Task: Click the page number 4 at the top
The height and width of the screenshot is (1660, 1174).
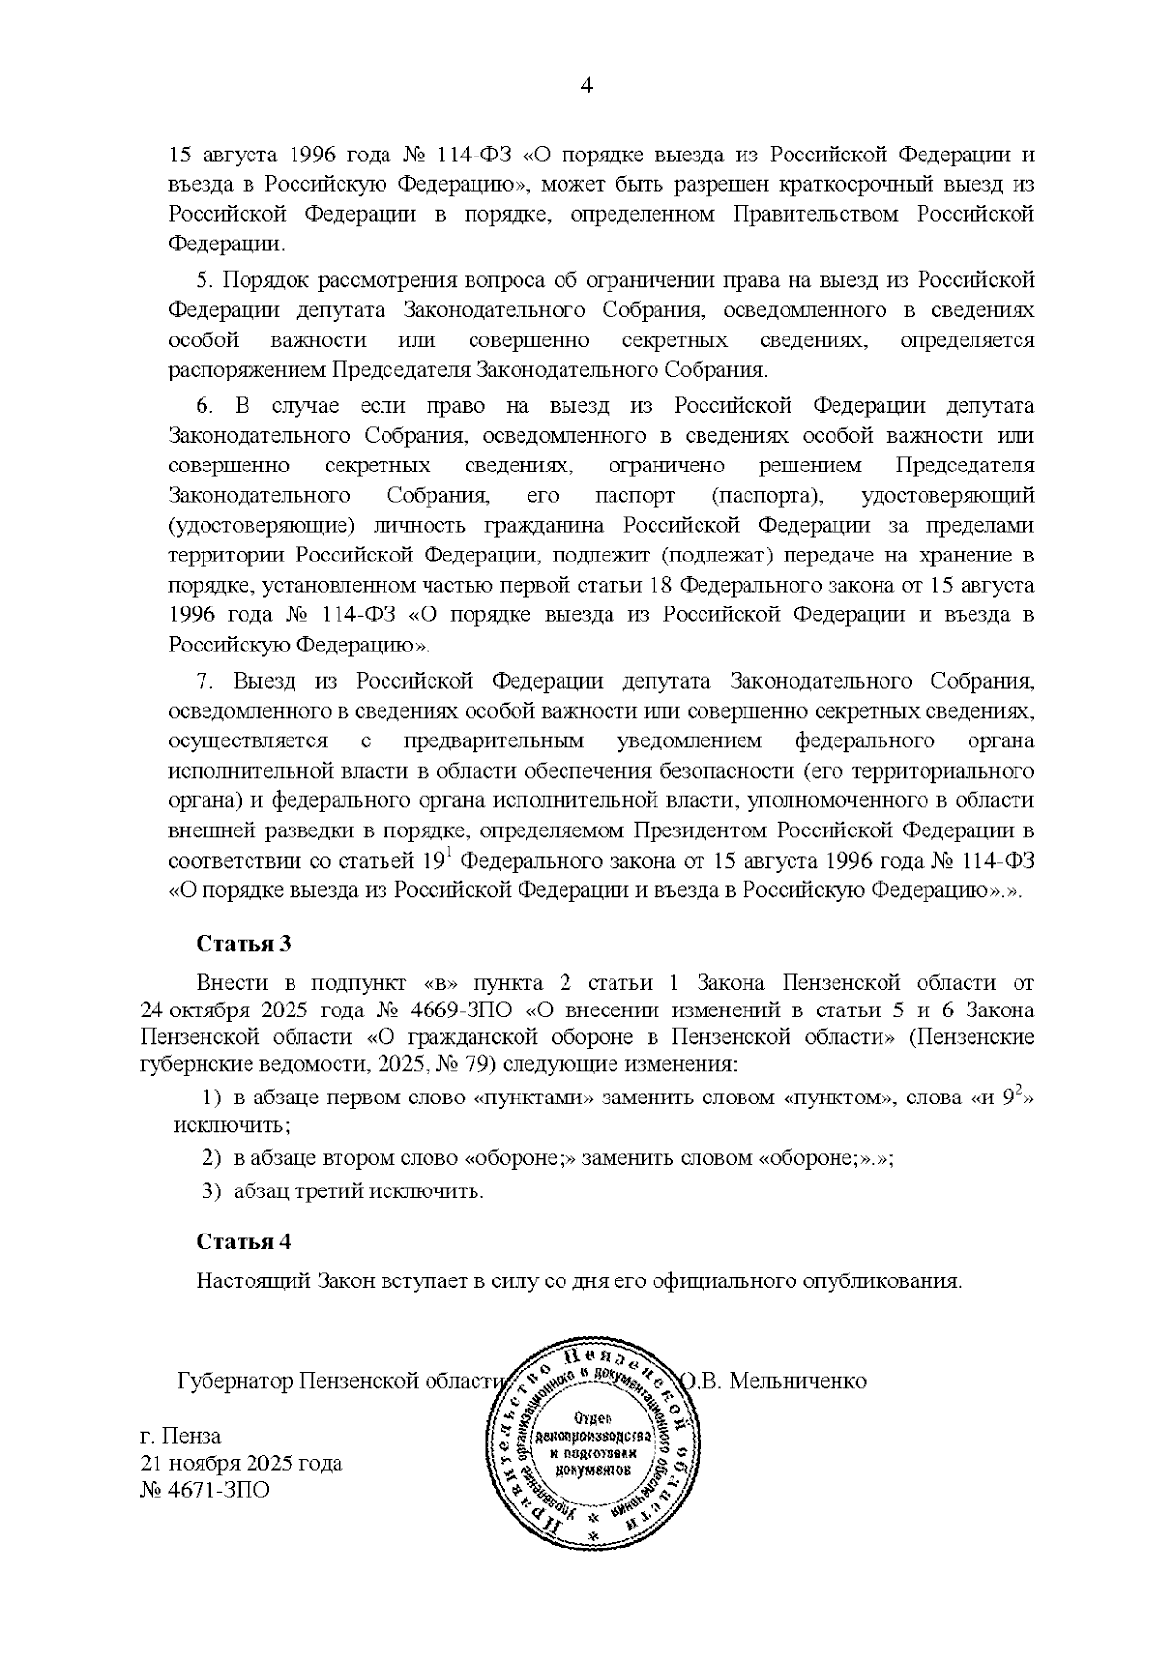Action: (587, 86)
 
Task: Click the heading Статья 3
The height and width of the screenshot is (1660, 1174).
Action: (244, 944)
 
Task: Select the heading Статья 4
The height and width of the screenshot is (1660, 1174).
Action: (244, 1241)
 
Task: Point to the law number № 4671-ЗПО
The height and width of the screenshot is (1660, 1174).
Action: (205, 1490)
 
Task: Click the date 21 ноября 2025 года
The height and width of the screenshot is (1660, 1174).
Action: (241, 1463)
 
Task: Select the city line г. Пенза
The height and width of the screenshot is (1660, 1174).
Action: (181, 1436)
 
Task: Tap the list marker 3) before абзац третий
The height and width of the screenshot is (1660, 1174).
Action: (211, 1191)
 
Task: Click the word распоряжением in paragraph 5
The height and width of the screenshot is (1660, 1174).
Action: (248, 371)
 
